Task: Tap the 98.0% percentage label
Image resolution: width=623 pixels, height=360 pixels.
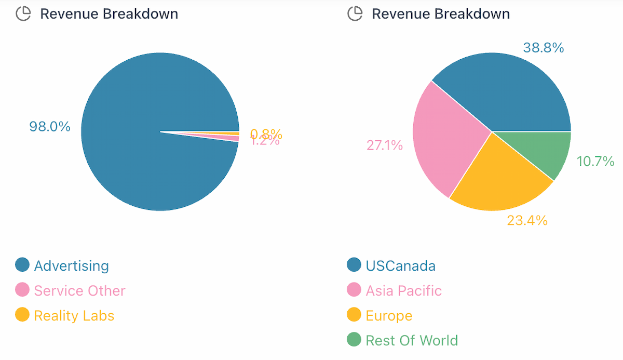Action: pyautogui.click(x=50, y=126)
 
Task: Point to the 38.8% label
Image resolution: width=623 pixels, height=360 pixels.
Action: pyautogui.click(x=543, y=48)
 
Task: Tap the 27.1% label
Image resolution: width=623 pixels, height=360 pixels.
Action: pyautogui.click(x=385, y=145)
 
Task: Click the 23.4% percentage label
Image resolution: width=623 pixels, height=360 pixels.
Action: pyautogui.click(x=527, y=220)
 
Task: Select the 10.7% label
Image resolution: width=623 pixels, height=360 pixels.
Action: pyautogui.click(x=595, y=162)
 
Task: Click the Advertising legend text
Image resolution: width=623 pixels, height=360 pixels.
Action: pyautogui.click(x=71, y=266)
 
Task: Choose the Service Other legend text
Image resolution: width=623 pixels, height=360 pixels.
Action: pyautogui.click(x=79, y=290)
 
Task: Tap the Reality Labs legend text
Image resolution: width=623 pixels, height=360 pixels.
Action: pyautogui.click(x=74, y=315)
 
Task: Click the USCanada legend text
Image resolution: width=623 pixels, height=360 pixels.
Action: pyautogui.click(x=400, y=266)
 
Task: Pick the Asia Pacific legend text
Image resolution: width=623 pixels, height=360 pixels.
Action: pyautogui.click(x=403, y=290)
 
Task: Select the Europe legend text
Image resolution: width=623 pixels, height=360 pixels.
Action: pyautogui.click(x=389, y=315)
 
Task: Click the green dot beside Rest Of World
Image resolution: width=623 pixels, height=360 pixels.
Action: pyautogui.click(x=354, y=340)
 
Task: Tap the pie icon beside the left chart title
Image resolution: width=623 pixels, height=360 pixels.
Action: pyautogui.click(x=23, y=14)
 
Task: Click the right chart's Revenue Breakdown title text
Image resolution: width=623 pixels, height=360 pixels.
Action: pyautogui.click(x=441, y=14)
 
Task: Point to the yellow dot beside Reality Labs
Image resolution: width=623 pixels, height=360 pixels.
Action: pyautogui.click(x=22, y=315)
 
